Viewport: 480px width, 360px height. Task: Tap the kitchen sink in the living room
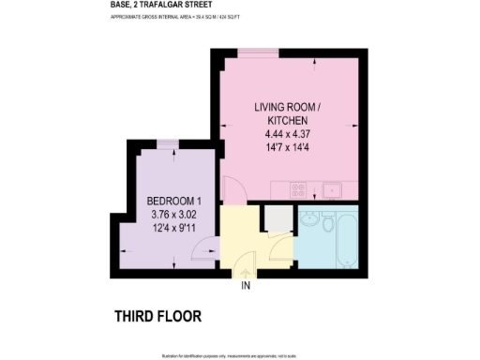click(331, 190)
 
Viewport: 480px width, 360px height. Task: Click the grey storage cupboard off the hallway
click(277, 218)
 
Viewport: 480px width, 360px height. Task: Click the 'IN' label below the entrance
click(247, 285)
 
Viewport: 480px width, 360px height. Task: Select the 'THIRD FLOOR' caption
click(157, 315)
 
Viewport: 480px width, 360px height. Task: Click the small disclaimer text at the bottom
click(240, 355)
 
